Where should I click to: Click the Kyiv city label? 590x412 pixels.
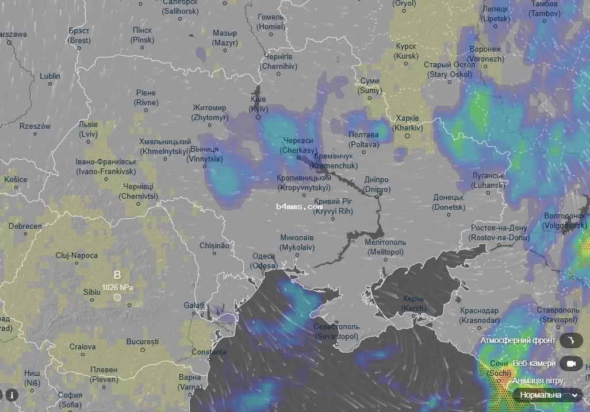pos(258,104)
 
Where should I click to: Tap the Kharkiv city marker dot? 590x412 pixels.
pos(406,136)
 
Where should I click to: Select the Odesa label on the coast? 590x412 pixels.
pos(263,261)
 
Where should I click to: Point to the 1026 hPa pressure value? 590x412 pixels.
pos(117,287)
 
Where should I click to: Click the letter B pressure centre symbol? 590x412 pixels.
pos(117,275)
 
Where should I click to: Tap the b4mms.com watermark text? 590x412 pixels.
pos(299,206)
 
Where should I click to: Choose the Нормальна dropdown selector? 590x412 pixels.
pos(547,395)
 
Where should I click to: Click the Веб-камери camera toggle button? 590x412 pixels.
pos(570,364)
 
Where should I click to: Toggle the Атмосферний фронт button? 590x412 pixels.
pos(570,341)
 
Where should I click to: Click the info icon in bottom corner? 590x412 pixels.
pos(11,395)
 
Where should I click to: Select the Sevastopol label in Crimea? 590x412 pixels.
pos(336,332)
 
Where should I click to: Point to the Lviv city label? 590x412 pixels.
pos(89,129)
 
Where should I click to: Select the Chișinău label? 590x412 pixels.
pos(214,245)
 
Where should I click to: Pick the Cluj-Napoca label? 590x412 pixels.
pos(76,255)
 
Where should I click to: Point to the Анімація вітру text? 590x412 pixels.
pos(538,381)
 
